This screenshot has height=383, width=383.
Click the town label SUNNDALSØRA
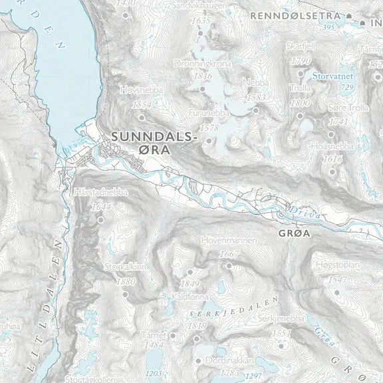[x=156, y=143]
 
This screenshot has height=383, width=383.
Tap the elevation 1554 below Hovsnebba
[x=142, y=105]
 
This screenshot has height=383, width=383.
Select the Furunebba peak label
[x=209, y=114]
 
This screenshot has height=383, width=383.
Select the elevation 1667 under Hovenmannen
[x=228, y=255]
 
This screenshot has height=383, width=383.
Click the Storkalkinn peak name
[x=126, y=267]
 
